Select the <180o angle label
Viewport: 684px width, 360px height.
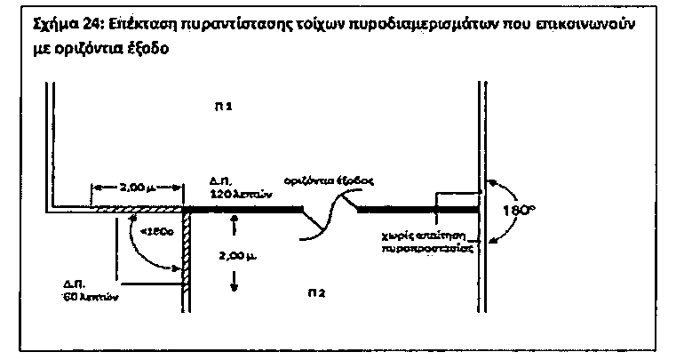147,233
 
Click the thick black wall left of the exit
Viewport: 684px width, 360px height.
244,210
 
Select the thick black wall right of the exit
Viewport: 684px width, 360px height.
418,210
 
